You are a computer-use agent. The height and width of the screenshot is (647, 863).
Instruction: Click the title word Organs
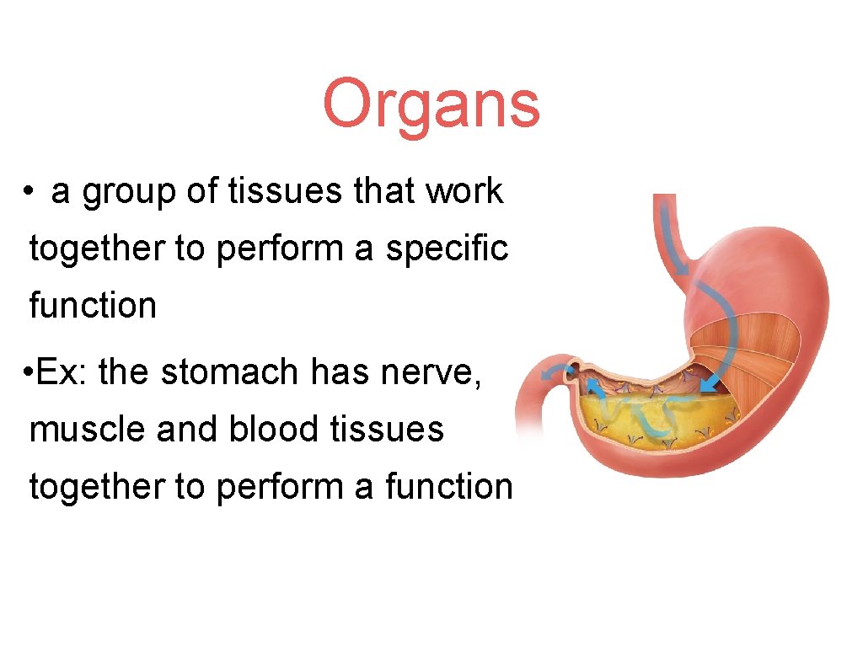point(431,105)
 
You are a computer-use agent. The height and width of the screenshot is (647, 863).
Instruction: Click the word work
point(464,192)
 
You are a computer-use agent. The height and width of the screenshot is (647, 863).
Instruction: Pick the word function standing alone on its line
point(93,305)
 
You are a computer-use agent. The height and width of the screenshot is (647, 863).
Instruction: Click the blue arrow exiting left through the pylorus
point(552,373)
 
